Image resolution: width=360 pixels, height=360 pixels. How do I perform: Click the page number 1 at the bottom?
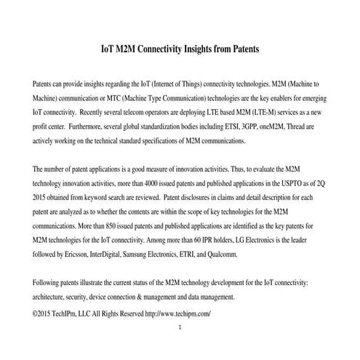(180, 327)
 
